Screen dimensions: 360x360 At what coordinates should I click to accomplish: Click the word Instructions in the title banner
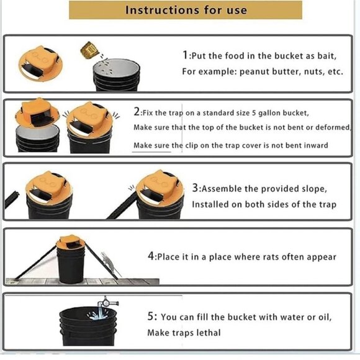(x=162, y=10)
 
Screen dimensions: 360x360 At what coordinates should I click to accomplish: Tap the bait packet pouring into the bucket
(x=89, y=50)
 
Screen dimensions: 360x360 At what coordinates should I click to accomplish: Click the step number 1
(x=185, y=55)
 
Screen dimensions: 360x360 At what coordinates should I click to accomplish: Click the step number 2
(x=137, y=112)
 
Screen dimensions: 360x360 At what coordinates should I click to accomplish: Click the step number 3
(x=195, y=188)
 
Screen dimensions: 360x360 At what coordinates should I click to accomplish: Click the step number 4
(x=151, y=256)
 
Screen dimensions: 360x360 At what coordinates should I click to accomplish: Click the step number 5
(x=151, y=316)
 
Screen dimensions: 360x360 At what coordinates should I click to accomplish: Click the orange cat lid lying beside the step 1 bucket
(x=40, y=63)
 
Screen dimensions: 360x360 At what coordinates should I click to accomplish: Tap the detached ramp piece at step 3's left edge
(x=11, y=199)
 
